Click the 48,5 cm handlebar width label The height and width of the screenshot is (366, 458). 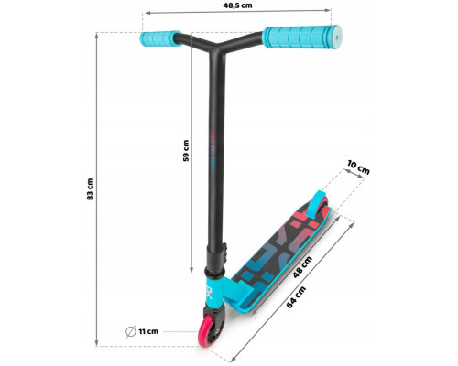[237, 5]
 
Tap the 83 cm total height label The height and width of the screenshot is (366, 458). [90, 189]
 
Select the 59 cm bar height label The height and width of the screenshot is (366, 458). [186, 151]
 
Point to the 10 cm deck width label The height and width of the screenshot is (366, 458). [358, 167]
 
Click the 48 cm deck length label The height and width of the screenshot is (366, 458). [302, 267]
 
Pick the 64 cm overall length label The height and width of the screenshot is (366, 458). [296, 297]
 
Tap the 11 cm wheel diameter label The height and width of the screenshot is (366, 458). [148, 331]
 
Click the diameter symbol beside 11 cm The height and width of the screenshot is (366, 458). [131, 331]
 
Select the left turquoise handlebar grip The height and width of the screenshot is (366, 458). [160, 38]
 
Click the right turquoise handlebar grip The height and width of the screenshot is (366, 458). [302, 37]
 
